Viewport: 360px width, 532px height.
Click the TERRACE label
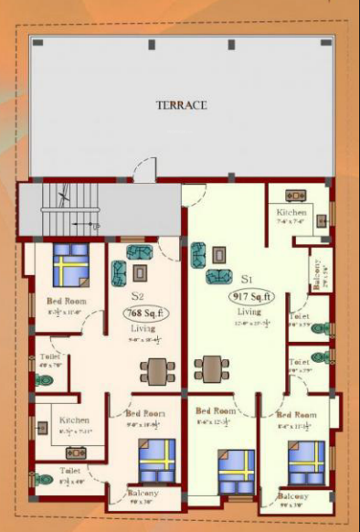coord(180,105)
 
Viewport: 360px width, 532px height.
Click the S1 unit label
coord(248,277)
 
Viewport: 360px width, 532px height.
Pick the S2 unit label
coord(138,295)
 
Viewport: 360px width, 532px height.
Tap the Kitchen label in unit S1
coord(292,214)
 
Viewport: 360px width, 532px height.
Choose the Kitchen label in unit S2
coord(75,420)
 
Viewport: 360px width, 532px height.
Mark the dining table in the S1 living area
coord(212,368)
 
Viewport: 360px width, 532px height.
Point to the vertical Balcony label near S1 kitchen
coord(317,274)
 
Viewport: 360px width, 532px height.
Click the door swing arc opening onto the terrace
coord(144,169)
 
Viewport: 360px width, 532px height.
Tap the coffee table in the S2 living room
coord(139,272)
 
